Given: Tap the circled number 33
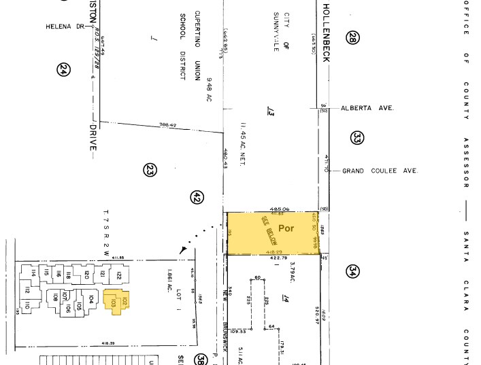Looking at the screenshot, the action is (357, 139).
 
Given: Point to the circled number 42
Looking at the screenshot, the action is (197, 197).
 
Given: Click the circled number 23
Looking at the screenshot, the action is (150, 170).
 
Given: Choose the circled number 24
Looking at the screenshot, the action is (64, 69).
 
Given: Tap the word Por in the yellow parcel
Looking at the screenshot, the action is (286, 229).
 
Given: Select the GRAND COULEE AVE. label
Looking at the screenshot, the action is (379, 171).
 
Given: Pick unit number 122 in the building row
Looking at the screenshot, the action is (118, 276).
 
